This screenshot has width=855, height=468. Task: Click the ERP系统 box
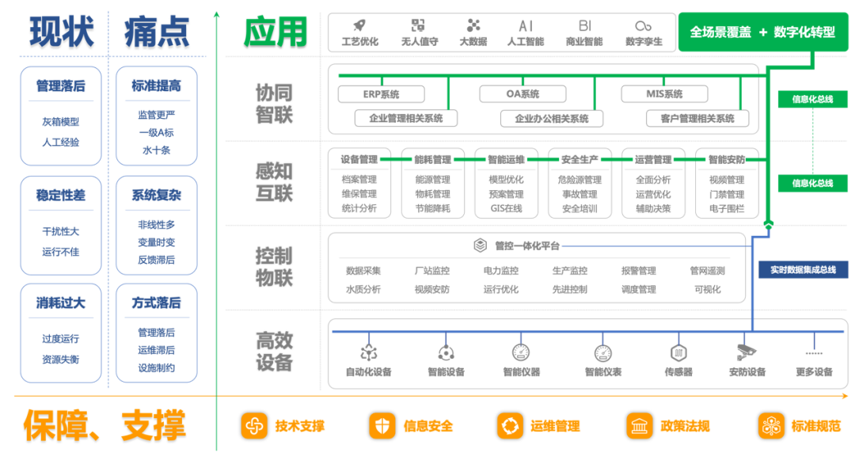pos(381,93)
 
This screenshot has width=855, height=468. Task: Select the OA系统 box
pos(522,93)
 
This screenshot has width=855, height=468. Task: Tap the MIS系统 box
pos(664,93)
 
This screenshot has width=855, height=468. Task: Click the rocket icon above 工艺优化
pos(359,25)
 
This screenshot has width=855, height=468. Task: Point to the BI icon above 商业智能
pos(584,25)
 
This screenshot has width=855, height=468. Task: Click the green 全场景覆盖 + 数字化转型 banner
pos(763,32)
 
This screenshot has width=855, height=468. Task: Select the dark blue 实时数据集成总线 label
pos(804,269)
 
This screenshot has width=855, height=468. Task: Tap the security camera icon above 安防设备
pos(747,352)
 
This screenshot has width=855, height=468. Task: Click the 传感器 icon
pos(678,353)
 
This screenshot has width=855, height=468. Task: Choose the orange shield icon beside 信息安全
pos(382,426)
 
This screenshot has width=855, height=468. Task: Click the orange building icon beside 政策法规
pos(639,426)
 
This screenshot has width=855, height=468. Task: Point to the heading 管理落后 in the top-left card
pos(60,86)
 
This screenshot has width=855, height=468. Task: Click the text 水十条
pos(157,150)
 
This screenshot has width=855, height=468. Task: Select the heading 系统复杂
pos(157,196)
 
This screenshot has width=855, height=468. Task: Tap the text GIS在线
pos(506,208)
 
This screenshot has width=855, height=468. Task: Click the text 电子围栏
pos(726,208)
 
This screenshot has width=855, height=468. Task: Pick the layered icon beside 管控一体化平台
pos(480,245)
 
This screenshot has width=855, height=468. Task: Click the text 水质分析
pos(363,289)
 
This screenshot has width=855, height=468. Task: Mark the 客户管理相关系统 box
pos(697,118)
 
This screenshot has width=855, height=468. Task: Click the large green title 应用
pos(275,32)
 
